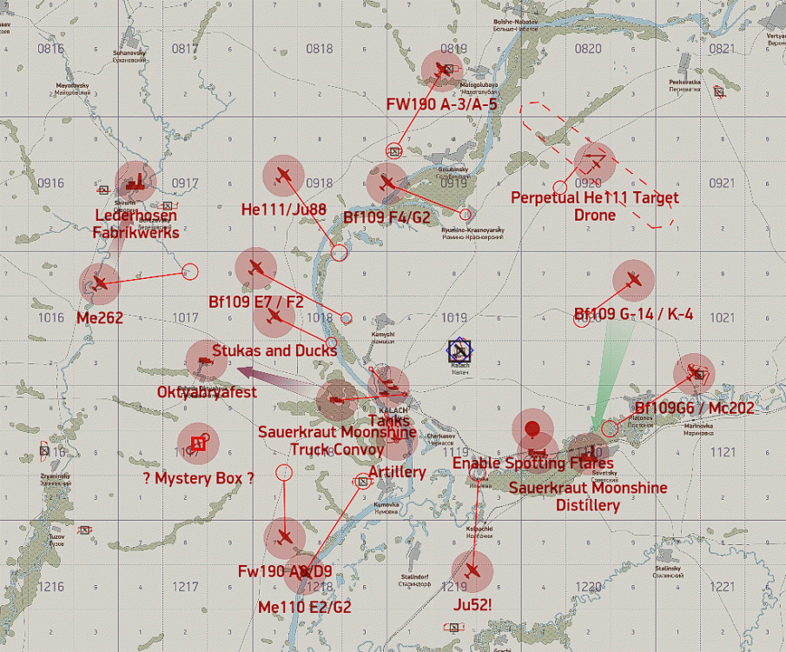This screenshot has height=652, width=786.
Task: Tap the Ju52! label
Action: pyautogui.click(x=472, y=604)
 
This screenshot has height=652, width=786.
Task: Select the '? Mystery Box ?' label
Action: pyautogui.click(x=199, y=477)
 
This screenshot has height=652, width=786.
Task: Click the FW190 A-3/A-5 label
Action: pyautogui.click(x=442, y=104)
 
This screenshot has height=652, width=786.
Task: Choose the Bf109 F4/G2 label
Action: pyautogui.click(x=386, y=217)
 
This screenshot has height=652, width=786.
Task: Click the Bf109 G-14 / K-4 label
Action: pyautogui.click(x=633, y=314)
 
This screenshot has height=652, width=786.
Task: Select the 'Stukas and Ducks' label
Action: pyautogui.click(x=274, y=350)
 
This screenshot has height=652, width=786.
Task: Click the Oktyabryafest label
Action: pyautogui.click(x=207, y=393)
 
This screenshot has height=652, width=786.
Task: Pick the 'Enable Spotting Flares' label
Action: pyautogui.click(x=533, y=463)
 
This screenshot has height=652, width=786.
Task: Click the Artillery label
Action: pyautogui.click(x=397, y=472)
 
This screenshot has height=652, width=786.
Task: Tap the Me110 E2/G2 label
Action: pyautogui.click(x=305, y=607)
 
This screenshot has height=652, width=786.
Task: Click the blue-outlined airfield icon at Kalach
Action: pyautogui.click(x=459, y=350)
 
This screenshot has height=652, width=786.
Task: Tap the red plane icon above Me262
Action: pyautogui.click(x=100, y=283)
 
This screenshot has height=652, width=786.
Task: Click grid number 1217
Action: pyautogui.click(x=186, y=588)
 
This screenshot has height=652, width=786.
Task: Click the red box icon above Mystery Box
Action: pyautogui.click(x=198, y=443)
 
